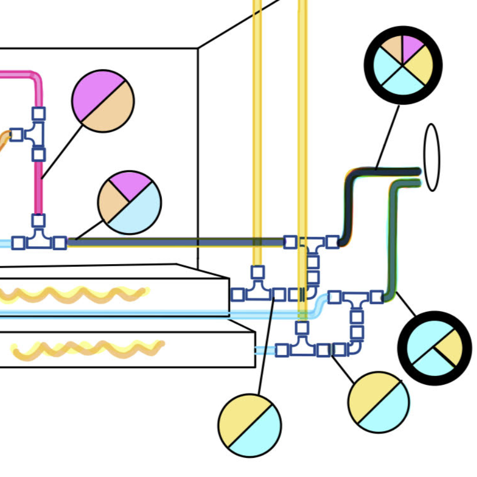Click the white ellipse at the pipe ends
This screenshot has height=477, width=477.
point(431,157)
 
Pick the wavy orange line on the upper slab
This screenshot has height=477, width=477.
point(72,295)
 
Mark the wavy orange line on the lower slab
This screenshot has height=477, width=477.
point(88,349)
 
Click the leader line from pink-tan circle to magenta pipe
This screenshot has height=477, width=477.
point(62,150)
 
